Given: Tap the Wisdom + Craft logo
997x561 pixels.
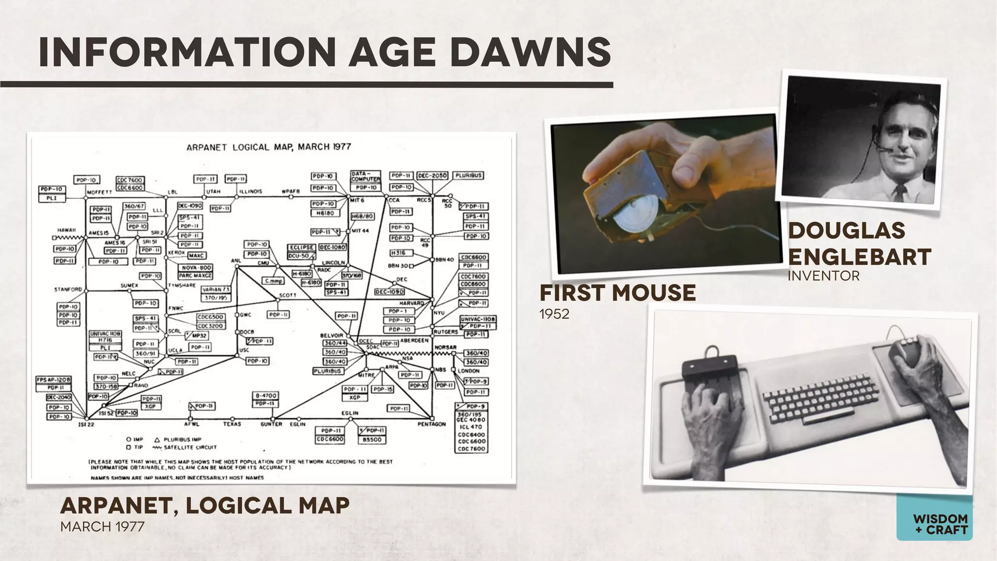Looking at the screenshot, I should pyautogui.click(x=934, y=524).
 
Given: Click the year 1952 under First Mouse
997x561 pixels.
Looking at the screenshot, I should pyautogui.click(x=554, y=314).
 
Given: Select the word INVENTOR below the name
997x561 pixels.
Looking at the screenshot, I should pyautogui.click(x=824, y=276).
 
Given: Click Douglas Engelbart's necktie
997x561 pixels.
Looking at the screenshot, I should pyautogui.click(x=898, y=192).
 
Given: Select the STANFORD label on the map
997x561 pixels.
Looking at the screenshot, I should pyautogui.click(x=68, y=290).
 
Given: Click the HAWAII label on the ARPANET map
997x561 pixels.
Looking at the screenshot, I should pyautogui.click(x=67, y=230).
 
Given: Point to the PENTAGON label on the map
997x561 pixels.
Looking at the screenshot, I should pyautogui.click(x=431, y=424).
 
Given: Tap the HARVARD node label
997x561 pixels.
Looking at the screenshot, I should pyautogui.click(x=411, y=303).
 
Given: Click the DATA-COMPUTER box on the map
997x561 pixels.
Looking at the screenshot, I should pyautogui.click(x=366, y=176).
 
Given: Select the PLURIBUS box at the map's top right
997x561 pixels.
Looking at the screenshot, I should pyautogui.click(x=468, y=175).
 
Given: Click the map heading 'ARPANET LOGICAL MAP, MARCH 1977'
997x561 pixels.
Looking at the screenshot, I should pyautogui.click(x=269, y=147).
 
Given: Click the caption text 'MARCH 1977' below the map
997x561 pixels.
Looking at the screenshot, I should pyautogui.click(x=102, y=527).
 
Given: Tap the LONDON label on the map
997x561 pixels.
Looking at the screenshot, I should pyautogui.click(x=468, y=371).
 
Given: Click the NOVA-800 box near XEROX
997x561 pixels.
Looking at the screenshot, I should pyautogui.click(x=196, y=268).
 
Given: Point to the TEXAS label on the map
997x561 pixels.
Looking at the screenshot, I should pyautogui.click(x=232, y=424).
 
